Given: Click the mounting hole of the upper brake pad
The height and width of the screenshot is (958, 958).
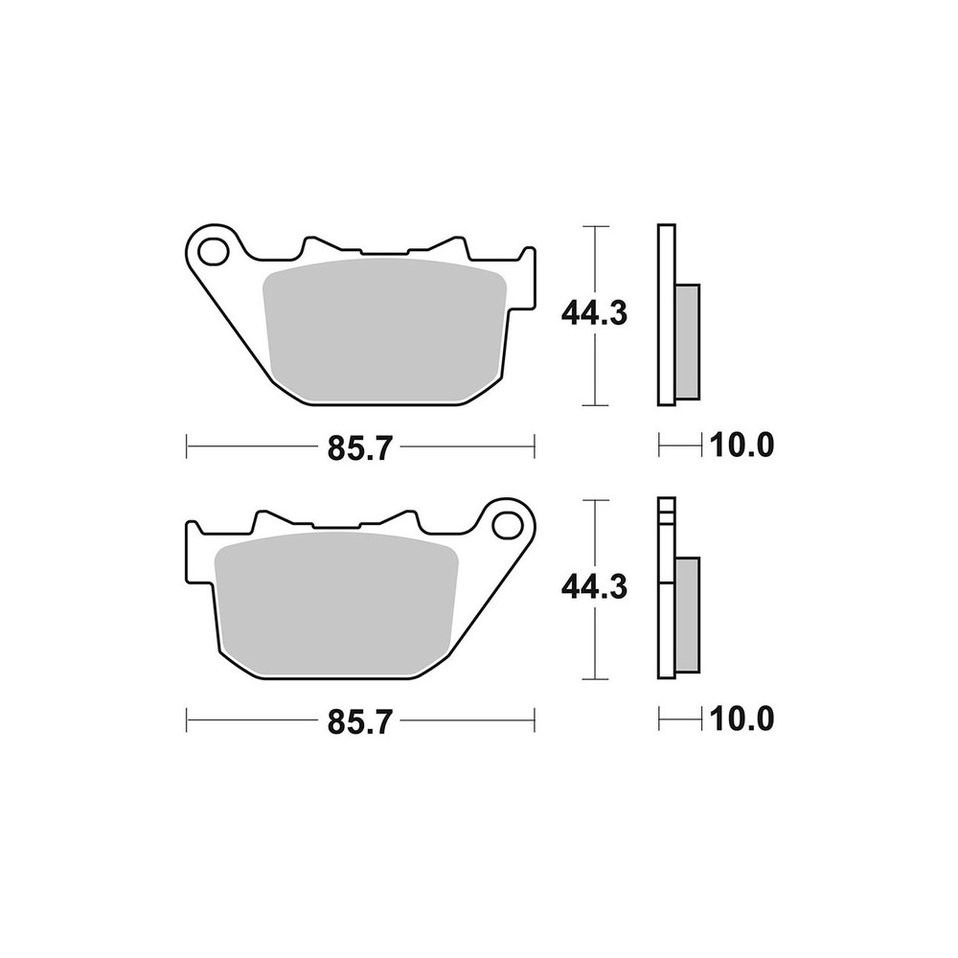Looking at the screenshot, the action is pos(212,252).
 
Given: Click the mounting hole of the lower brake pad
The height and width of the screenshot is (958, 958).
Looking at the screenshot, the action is pos(507,525).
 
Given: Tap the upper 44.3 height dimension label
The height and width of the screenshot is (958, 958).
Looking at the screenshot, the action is pos(594,314).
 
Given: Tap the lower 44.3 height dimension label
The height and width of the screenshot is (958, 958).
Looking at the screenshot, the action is pos(594,588).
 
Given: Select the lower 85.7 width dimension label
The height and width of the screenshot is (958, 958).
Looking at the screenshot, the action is pos(359,722).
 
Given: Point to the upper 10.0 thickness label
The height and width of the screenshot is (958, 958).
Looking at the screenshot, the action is pos(741,445).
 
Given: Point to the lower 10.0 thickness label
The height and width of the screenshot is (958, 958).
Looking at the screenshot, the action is pos(741,719).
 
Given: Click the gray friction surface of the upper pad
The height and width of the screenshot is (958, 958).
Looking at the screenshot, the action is pos(385,330).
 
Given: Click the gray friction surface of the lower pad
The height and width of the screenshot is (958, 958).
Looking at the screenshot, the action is pos(336,604).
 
